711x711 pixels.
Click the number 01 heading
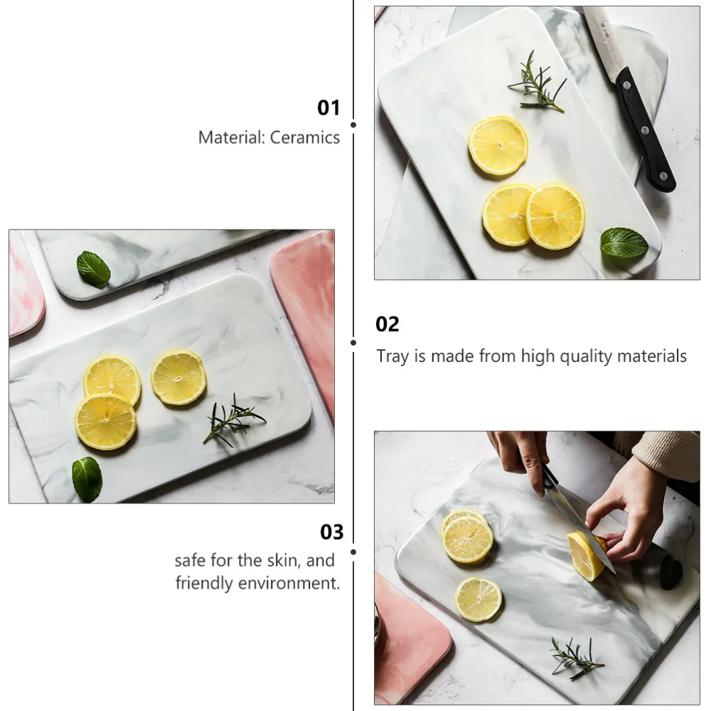[328, 108]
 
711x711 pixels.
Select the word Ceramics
[305, 138]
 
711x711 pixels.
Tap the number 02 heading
[387, 325]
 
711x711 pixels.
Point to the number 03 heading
[331, 532]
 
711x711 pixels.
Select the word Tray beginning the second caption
[392, 356]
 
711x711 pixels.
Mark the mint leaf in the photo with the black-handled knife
[624, 243]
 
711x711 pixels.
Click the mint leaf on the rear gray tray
[93, 269]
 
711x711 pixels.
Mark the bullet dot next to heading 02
[353, 342]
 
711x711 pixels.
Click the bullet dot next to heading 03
[353, 550]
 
